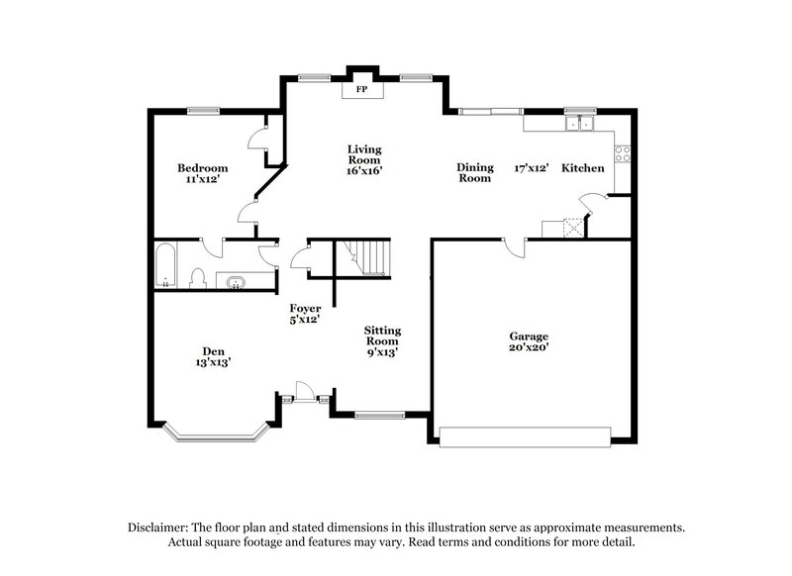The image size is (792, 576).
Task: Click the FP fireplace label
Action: pos(362,90)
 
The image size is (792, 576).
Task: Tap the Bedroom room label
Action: pos(203,167)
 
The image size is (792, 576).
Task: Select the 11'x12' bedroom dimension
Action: pos(203,180)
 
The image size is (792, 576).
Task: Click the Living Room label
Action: pos(363,154)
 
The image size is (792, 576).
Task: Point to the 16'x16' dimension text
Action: pos(363,170)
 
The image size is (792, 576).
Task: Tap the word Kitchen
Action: pos(583,168)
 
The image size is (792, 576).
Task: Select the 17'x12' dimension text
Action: pos(531,168)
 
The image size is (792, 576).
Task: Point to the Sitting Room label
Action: pos(382,335)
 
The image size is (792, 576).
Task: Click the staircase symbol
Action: pos(367,257)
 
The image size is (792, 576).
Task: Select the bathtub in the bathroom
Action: pos(166,266)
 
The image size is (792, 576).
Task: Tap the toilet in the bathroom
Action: pos(197,276)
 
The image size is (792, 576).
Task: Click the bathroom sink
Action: pos(237,281)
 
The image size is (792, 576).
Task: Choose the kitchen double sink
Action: pos(578,124)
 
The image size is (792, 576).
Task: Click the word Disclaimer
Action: pos(159,528)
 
